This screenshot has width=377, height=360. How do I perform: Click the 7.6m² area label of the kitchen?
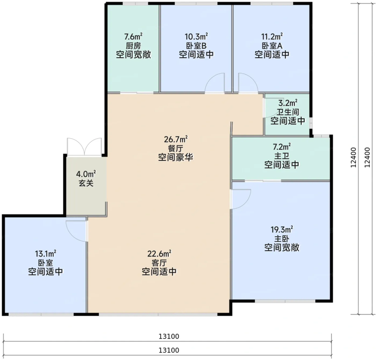coord(133,37)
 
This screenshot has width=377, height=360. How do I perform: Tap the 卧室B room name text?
coord(196,46)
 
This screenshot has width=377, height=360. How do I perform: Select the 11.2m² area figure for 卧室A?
coord(272,36)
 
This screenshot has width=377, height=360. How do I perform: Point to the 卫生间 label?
coord(288,112)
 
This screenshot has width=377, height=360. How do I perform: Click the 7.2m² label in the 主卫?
coord(282,146)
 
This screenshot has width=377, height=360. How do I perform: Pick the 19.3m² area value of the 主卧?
coord(282,229)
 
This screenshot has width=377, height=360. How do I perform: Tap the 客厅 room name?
coord(159,263)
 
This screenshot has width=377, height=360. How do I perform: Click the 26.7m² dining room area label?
coord(176,139)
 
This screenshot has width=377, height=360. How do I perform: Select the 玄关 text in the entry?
coord(86,183)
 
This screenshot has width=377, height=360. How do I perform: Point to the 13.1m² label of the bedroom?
coord(45,254)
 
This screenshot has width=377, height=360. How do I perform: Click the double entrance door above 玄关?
coord(84,147)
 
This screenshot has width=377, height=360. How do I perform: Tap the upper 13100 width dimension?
coord(169,337)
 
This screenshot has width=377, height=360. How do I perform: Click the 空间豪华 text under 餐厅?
coord(176,157)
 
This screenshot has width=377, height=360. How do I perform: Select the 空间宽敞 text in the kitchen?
coord(134,54)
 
